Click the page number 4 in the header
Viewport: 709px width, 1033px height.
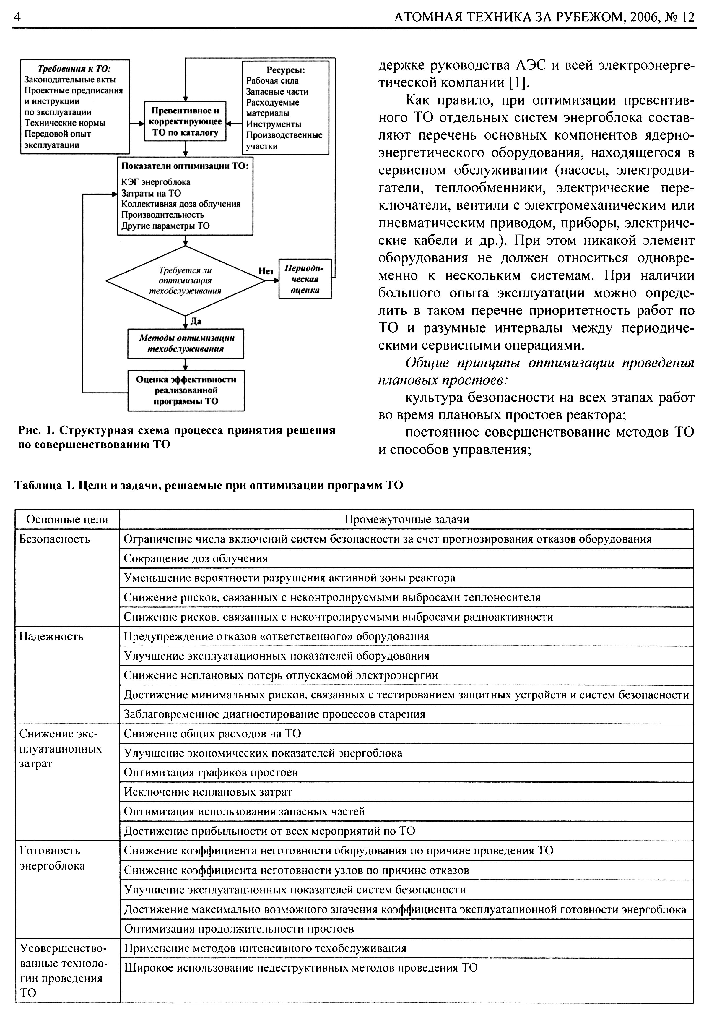pyautogui.click(x=18, y=17)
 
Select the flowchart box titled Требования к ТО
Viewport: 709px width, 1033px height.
pyautogui.click(x=75, y=107)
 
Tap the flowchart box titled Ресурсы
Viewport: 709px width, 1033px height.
pyautogui.click(x=285, y=108)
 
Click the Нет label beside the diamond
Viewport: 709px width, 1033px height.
pyautogui.click(x=266, y=271)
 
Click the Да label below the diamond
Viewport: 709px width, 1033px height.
pyautogui.click(x=196, y=321)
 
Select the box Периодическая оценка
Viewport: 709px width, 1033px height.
pyautogui.click(x=305, y=279)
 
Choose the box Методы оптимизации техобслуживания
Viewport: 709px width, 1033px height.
pyautogui.click(x=186, y=343)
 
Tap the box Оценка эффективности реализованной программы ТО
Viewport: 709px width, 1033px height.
pyautogui.click(x=186, y=390)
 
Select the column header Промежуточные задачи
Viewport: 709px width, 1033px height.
pyautogui.click(x=406, y=519)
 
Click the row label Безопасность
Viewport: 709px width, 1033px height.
pyautogui.click(x=55, y=539)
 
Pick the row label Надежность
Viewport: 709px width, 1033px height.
pyautogui.click(x=51, y=637)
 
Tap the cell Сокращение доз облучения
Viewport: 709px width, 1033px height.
pyautogui.click(x=196, y=559)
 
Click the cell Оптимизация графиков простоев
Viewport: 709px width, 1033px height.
pyautogui.click(x=211, y=773)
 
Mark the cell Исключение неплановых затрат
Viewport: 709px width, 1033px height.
pyautogui.click(x=208, y=792)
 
